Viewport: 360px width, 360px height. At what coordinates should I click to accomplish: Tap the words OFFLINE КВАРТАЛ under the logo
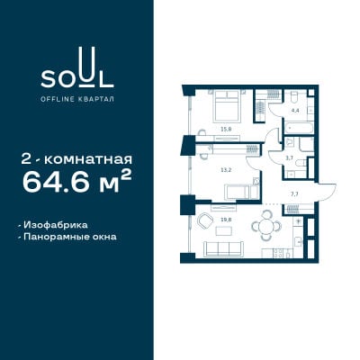click(77, 99)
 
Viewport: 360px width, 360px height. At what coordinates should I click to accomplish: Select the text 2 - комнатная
click(76, 159)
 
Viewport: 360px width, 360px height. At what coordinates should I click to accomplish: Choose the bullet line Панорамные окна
click(67, 237)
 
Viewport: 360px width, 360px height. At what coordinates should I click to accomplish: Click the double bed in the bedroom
click(227, 106)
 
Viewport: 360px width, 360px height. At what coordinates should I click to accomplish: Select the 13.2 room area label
click(226, 170)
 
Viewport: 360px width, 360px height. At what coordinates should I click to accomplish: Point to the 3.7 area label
click(290, 158)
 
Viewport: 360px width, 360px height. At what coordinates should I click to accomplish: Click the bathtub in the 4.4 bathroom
click(300, 129)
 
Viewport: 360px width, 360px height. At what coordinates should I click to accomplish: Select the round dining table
click(266, 225)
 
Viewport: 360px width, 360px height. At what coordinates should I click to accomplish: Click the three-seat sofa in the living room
click(222, 248)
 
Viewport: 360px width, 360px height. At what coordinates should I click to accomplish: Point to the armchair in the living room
click(206, 220)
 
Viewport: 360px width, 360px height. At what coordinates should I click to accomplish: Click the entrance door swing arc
click(331, 193)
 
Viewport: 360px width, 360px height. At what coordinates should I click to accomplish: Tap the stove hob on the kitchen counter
click(278, 253)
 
